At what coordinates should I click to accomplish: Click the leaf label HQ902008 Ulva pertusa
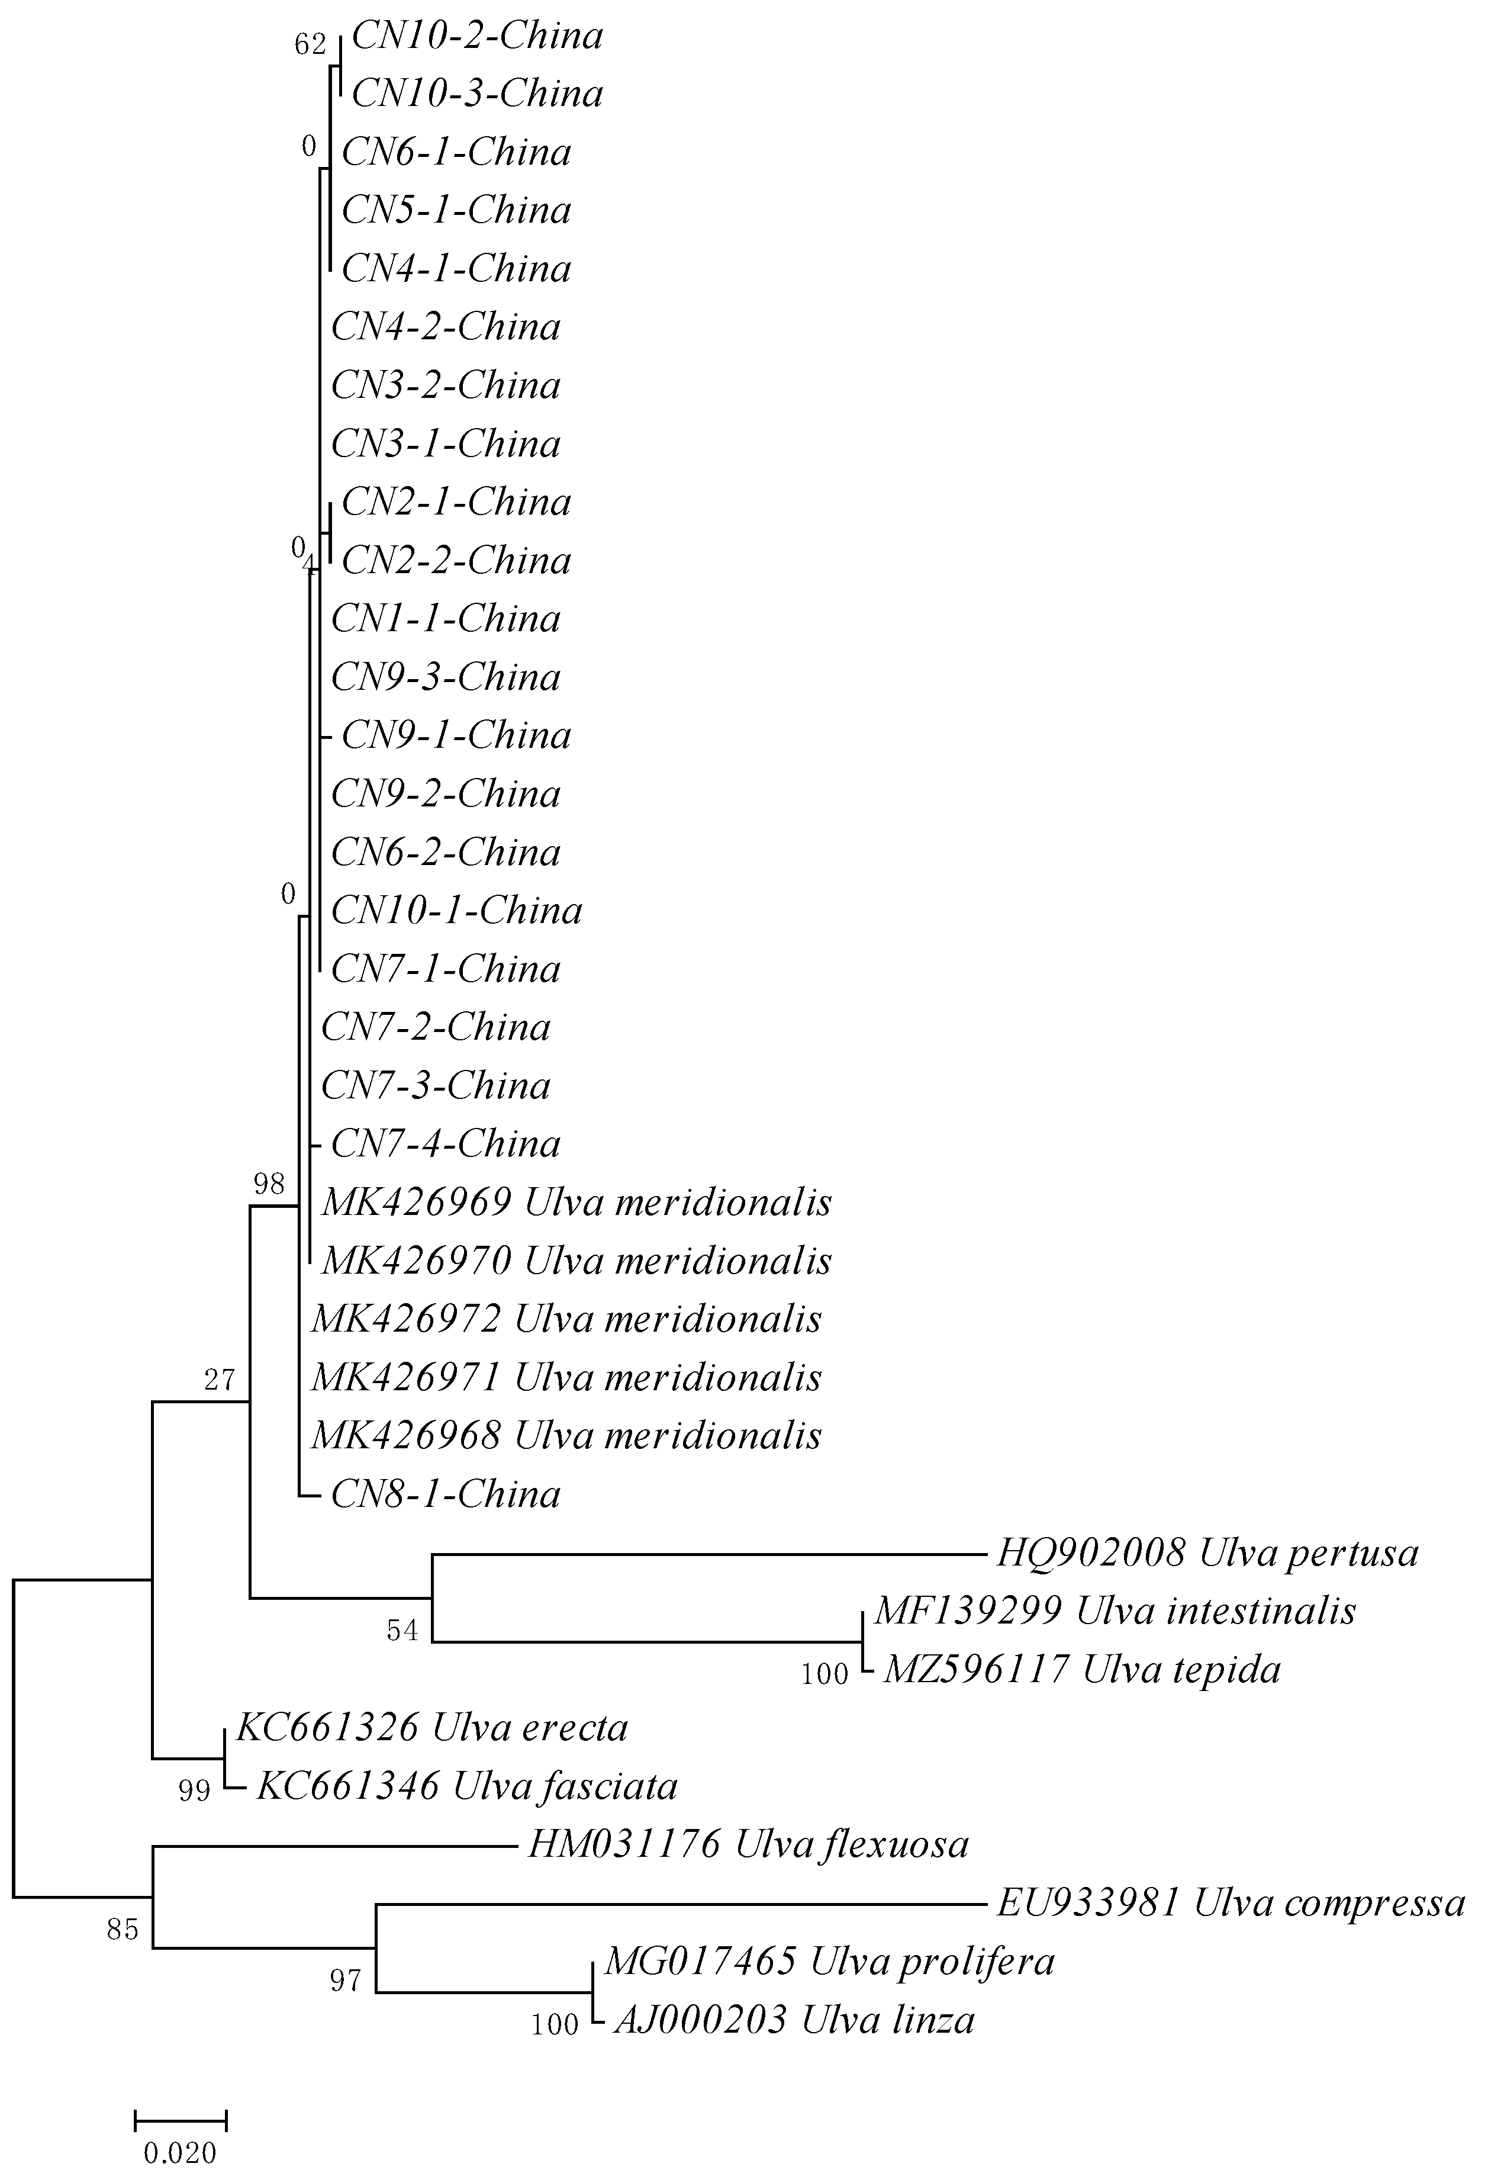[1207, 1553]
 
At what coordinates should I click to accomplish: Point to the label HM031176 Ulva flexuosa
[748, 1845]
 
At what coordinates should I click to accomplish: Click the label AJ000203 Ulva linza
[794, 2021]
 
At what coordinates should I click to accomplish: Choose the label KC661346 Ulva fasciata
[466, 1787]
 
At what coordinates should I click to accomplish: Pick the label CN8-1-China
[445, 1495]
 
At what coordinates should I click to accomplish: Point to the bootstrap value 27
[220, 1380]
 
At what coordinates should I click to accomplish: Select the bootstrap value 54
[403, 1631]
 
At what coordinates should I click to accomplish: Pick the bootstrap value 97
[346, 1981]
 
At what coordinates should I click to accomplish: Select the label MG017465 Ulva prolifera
[829, 1962]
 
